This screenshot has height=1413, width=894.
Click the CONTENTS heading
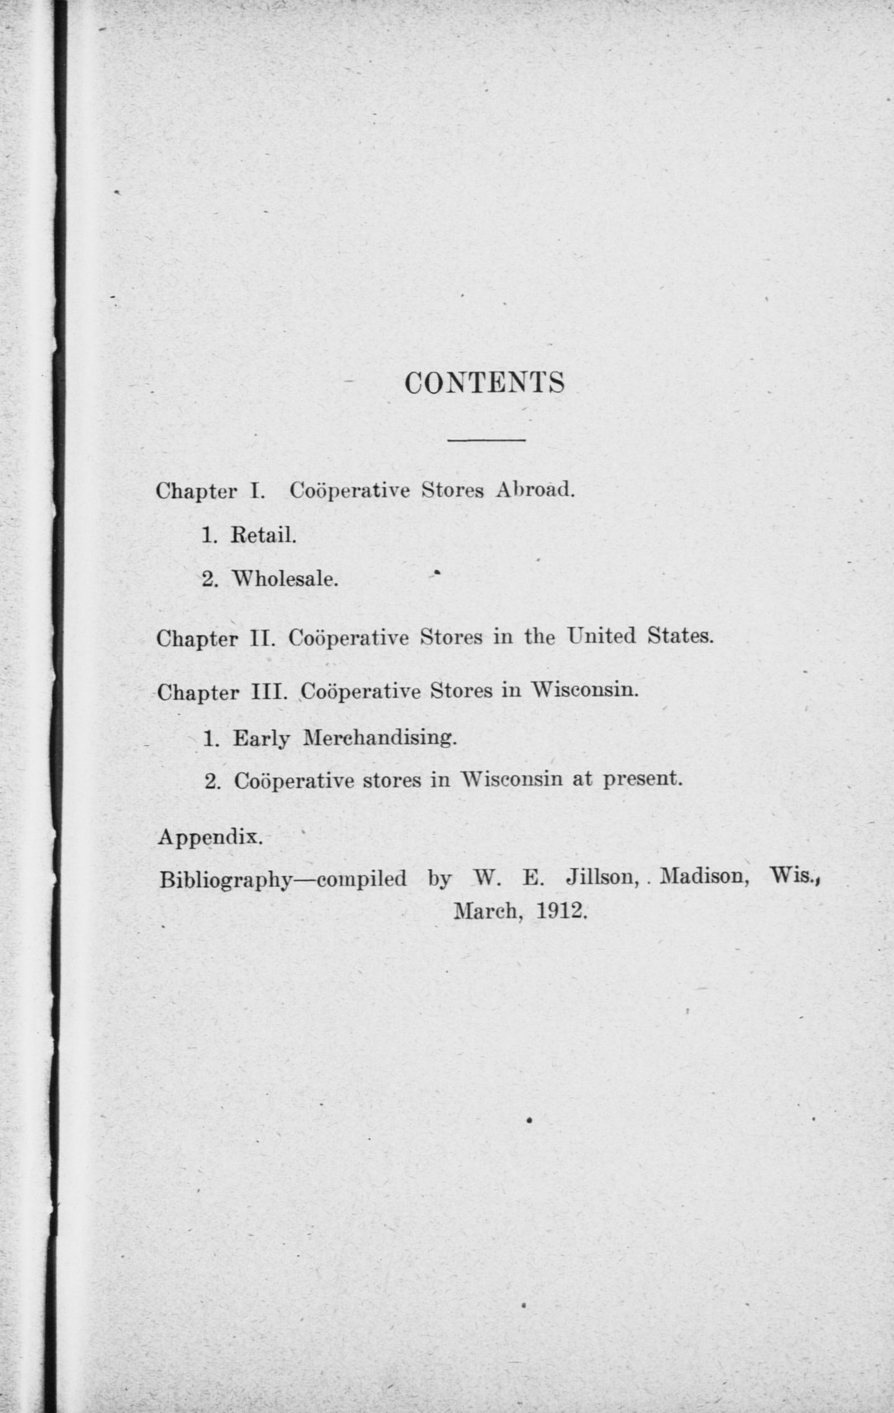(484, 383)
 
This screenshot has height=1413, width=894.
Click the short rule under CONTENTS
(486, 439)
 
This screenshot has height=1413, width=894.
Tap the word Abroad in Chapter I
(533, 490)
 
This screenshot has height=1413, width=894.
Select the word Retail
(263, 534)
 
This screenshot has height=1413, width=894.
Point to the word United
(602, 636)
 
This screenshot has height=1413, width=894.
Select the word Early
(262, 739)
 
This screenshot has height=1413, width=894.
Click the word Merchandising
(379, 737)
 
